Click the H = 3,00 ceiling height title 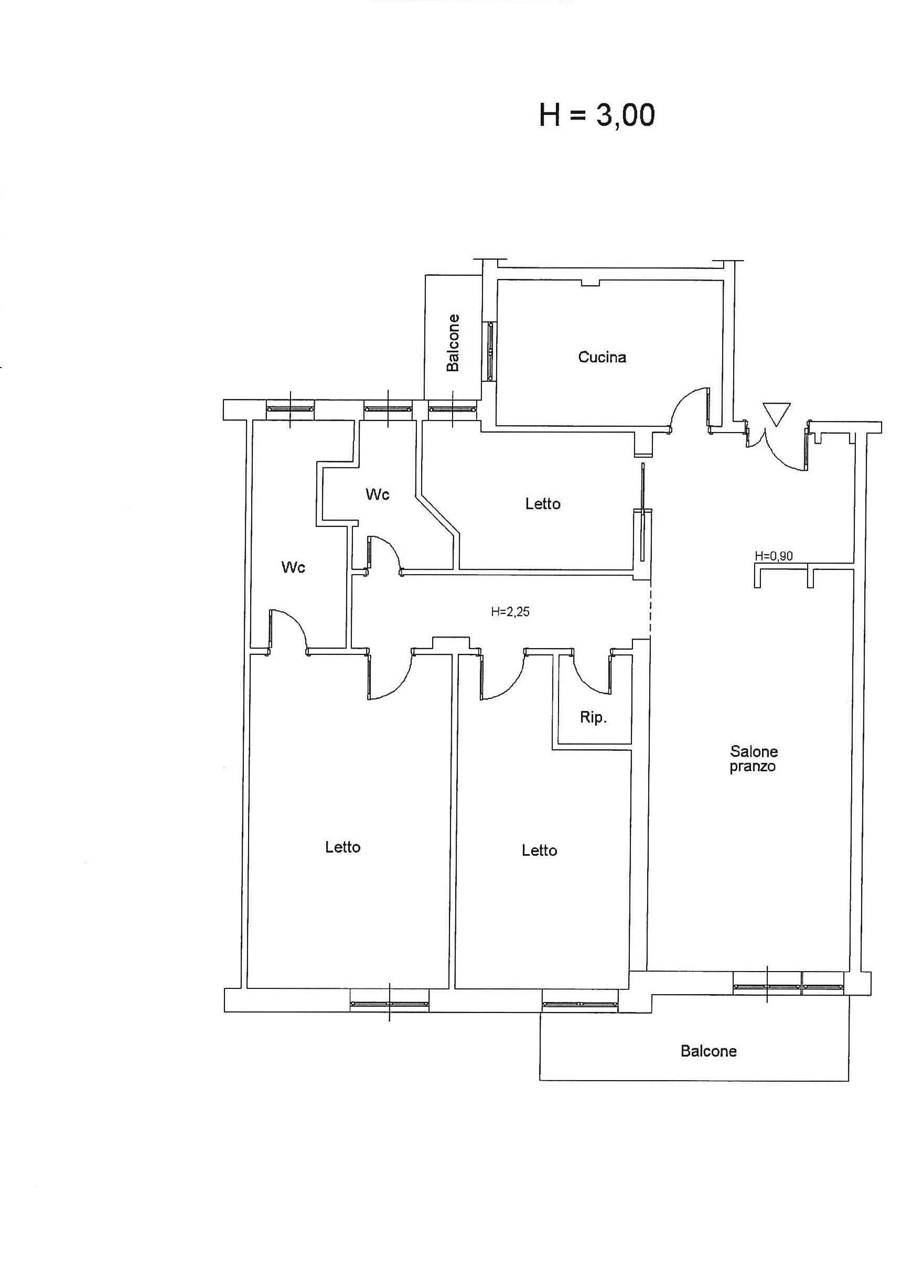[597, 116]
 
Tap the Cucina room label [602, 357]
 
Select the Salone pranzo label [753, 759]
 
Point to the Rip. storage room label [594, 717]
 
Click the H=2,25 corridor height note [510, 612]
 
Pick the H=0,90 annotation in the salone [774, 556]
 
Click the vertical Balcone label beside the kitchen [453, 342]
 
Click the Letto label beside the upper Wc [542, 504]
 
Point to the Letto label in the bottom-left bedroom [342, 847]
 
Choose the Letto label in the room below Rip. [539, 850]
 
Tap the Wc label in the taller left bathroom [293, 568]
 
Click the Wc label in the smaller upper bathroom [377, 494]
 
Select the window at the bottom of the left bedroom [390, 1004]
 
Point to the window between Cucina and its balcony [491, 351]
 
